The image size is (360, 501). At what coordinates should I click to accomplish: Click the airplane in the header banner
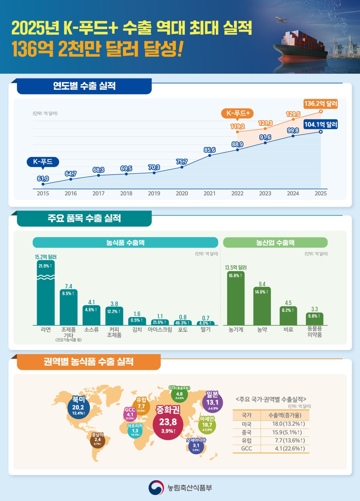pos(282,20)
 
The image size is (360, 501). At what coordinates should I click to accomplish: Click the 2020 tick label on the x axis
pos(182,194)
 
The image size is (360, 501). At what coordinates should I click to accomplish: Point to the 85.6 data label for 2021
pos(209,150)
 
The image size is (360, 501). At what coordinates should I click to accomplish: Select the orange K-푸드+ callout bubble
pos(237,113)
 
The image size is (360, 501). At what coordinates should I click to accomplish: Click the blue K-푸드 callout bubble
pos(43,162)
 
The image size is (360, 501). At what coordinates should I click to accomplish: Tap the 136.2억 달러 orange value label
pos(321,104)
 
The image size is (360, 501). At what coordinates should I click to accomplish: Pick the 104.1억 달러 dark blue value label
pos(321,124)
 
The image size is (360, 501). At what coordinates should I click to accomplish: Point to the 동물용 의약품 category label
pos(314,332)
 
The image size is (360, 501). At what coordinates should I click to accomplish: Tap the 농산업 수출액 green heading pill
pos(275,243)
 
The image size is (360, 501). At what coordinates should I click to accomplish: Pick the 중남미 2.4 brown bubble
pos(97,440)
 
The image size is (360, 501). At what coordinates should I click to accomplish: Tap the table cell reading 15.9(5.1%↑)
pos(287,433)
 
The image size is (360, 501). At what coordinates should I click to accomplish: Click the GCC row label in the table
pos(247,448)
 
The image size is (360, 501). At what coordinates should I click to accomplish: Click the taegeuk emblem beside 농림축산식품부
pos(156,488)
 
